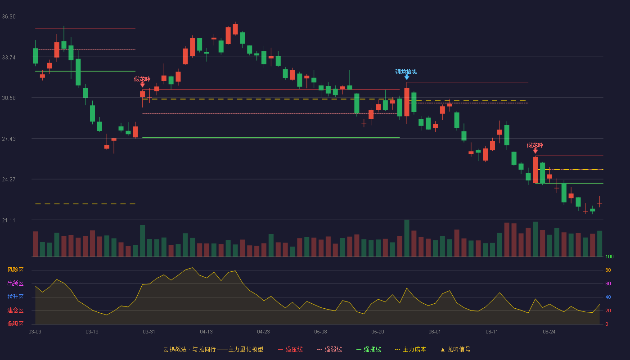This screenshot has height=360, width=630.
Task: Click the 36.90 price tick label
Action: [9, 17]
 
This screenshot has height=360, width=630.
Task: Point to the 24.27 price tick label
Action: [9, 180]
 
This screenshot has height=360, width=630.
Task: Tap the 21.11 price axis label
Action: [9, 220]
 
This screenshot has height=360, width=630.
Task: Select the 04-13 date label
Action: [206, 332]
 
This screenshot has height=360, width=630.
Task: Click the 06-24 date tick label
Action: [549, 332]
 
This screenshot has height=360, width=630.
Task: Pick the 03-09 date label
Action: [35, 332]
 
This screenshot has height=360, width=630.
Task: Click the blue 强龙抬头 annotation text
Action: [406, 72]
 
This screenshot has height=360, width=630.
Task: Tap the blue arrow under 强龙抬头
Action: [407, 77]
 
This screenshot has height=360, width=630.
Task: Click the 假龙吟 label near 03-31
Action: [142, 79]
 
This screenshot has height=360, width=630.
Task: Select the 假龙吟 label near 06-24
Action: [535, 145]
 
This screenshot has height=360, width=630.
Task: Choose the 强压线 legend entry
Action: [290, 349]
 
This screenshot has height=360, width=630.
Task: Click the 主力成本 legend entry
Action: [410, 349]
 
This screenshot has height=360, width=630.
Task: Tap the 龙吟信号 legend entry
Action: [455, 349]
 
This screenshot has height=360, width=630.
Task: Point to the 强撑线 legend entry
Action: [369, 349]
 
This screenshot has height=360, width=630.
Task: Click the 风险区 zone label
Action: [15, 270]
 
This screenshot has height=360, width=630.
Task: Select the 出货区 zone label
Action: [15, 283]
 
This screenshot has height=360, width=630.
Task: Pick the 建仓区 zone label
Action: [15, 310]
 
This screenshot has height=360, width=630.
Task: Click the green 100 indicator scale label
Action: [609, 256]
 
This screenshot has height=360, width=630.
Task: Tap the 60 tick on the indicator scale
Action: [608, 283]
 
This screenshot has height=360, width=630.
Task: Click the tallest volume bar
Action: [407, 238]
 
